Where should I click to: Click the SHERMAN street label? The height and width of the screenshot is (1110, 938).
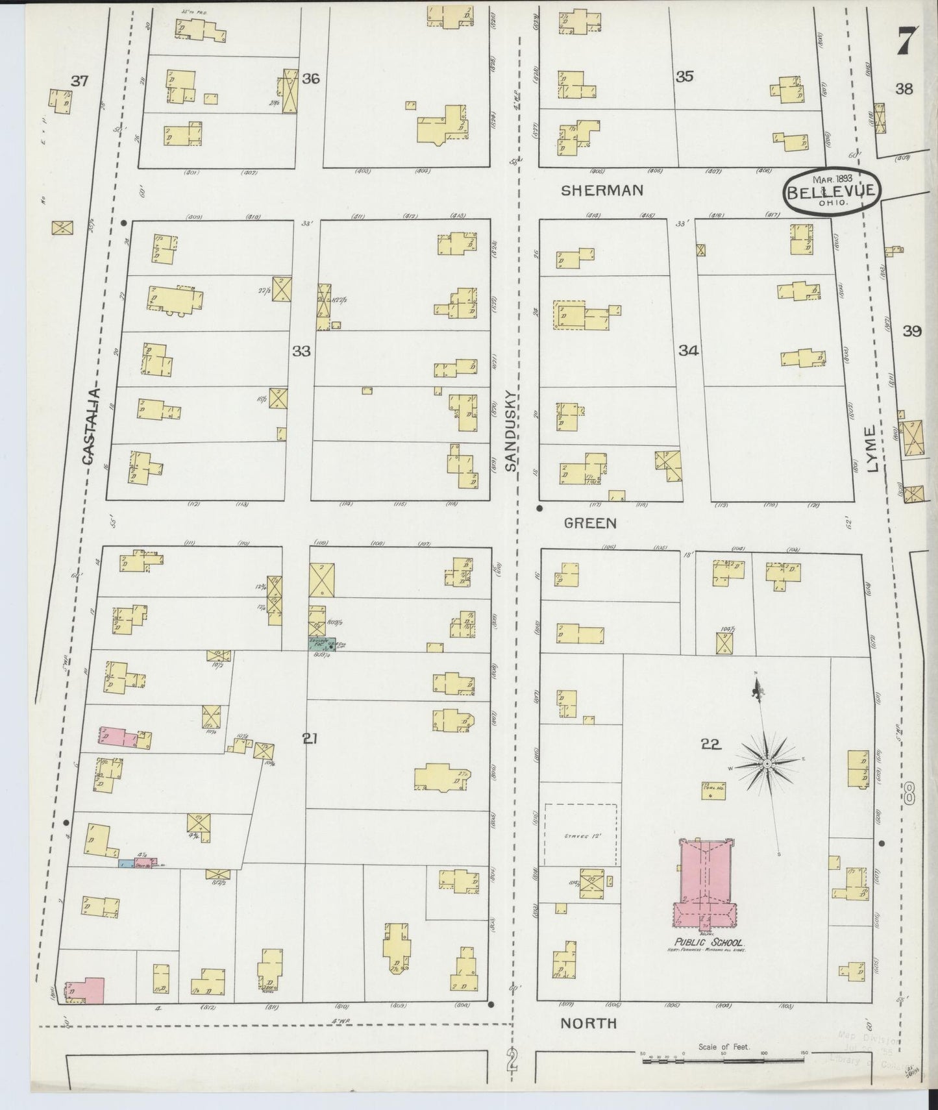602,190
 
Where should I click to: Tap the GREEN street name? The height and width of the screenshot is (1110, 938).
589,523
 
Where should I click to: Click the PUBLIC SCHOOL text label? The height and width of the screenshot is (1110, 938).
708,943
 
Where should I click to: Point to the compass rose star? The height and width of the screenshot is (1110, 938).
767,765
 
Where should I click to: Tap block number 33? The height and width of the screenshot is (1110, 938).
301,351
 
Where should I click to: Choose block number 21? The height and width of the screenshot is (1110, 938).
310,737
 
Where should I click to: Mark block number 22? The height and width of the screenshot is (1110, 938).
711,745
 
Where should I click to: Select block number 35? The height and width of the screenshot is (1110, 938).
684,77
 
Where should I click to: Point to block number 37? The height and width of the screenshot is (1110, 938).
79,82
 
